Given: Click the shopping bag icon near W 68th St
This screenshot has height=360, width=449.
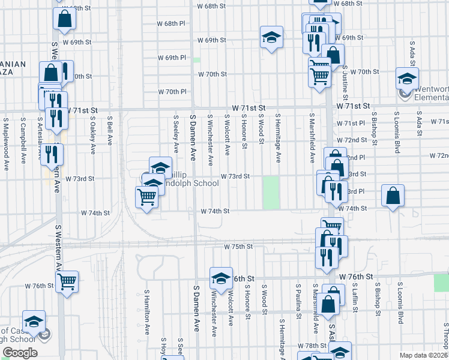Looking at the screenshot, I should [64, 19].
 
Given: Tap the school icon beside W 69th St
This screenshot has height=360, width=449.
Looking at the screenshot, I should [271, 38].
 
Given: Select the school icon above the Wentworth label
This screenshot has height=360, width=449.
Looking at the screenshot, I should [407, 79].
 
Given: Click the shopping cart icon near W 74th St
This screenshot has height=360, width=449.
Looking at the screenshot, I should [146, 196].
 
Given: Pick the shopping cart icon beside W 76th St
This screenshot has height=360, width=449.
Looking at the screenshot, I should [67, 281].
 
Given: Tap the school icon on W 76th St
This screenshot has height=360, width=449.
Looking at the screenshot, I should [221, 278].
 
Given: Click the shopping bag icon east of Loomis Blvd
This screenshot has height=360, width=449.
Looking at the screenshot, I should [392, 196].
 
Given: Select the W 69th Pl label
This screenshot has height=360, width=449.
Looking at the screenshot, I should [172, 58].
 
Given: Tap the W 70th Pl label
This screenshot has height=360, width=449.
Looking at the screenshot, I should [172, 92].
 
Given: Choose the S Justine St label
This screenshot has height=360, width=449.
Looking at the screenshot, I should [346, 84].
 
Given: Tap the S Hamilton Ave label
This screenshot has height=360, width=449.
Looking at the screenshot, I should [146, 309].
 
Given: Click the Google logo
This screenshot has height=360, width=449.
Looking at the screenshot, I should [20, 353].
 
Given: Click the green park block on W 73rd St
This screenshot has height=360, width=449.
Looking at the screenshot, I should [271, 192].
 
